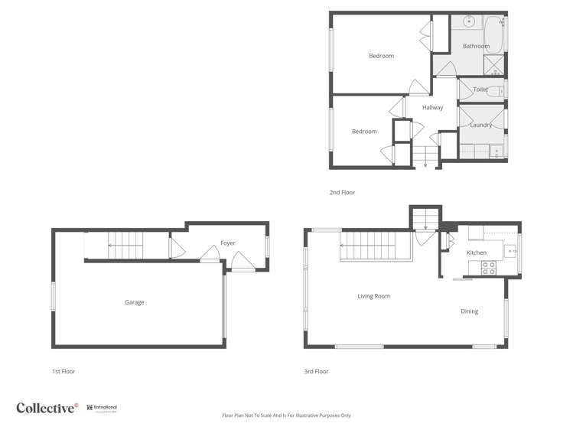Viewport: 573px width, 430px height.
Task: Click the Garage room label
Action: click(x=135, y=302)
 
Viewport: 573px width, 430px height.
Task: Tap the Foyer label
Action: click(x=228, y=243)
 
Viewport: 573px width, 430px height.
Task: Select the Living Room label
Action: click(x=374, y=296)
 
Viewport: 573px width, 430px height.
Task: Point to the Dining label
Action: click(x=469, y=311)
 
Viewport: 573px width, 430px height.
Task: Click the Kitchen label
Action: click(x=477, y=252)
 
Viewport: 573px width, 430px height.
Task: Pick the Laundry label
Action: click(x=480, y=125)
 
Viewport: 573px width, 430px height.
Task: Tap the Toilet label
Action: click(x=480, y=90)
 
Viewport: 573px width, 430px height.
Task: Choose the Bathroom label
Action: click(x=476, y=47)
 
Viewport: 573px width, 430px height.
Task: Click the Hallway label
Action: click(x=432, y=108)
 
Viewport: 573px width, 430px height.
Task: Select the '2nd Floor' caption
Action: click(x=342, y=193)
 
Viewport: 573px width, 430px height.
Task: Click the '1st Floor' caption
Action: click(x=63, y=372)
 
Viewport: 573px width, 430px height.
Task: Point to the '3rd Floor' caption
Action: click(x=316, y=372)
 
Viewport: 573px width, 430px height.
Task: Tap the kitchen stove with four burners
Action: click(x=487, y=267)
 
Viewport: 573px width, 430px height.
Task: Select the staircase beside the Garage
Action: click(x=125, y=246)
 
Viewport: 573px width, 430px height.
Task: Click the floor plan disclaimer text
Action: click(x=286, y=415)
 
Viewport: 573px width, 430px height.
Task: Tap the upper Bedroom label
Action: click(x=381, y=56)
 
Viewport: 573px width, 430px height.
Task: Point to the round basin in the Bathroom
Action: click(x=468, y=21)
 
